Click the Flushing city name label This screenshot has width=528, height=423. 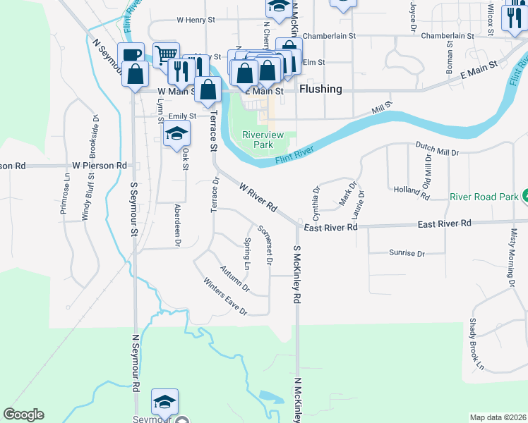pos(320,90)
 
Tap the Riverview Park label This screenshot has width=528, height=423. pos(257,140)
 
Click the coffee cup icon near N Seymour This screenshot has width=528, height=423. pos(132,56)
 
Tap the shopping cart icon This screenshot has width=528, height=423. pos(166,54)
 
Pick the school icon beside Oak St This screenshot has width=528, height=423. pos(176,134)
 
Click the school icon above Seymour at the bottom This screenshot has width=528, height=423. pos(164,403)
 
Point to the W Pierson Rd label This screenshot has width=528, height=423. pos(99,165)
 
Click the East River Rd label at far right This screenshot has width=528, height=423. pos(444,223)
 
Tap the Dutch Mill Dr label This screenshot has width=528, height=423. pos(437,150)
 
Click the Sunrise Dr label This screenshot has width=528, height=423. pos(406,253)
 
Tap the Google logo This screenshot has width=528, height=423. pos(23,415)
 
